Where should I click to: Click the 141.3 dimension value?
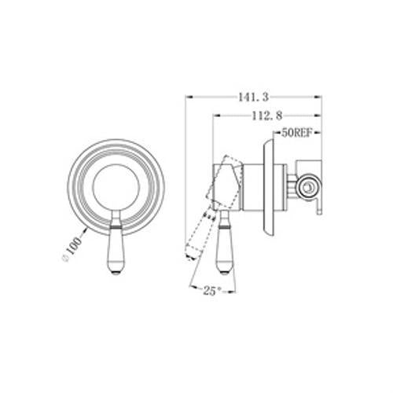[253, 97]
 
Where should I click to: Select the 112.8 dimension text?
[267, 116]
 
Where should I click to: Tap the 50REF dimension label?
[297, 133]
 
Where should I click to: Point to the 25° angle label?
[212, 291]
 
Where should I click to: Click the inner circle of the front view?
[116, 187]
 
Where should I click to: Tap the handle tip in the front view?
[116, 273]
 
